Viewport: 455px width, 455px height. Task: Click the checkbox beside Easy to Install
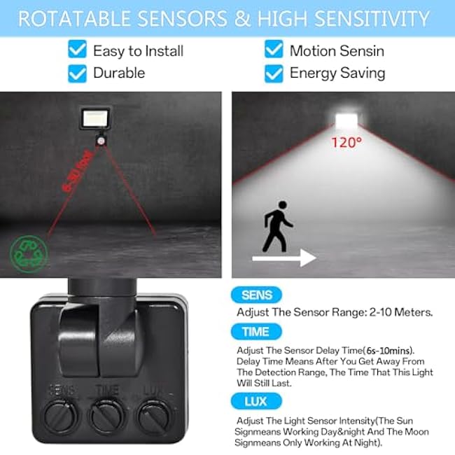[78, 50]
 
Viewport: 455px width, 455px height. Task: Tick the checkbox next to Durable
[78, 73]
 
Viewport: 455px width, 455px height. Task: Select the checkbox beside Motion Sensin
[274, 50]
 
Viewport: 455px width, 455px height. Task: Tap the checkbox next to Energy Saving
[274, 73]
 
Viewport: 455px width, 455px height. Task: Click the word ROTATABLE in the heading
[72, 18]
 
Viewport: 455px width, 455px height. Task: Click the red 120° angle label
[346, 142]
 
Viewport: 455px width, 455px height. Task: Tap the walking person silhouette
[277, 226]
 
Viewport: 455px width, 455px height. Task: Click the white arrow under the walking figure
[284, 258]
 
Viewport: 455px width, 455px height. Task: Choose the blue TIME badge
[256, 331]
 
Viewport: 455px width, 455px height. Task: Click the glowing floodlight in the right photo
[346, 120]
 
